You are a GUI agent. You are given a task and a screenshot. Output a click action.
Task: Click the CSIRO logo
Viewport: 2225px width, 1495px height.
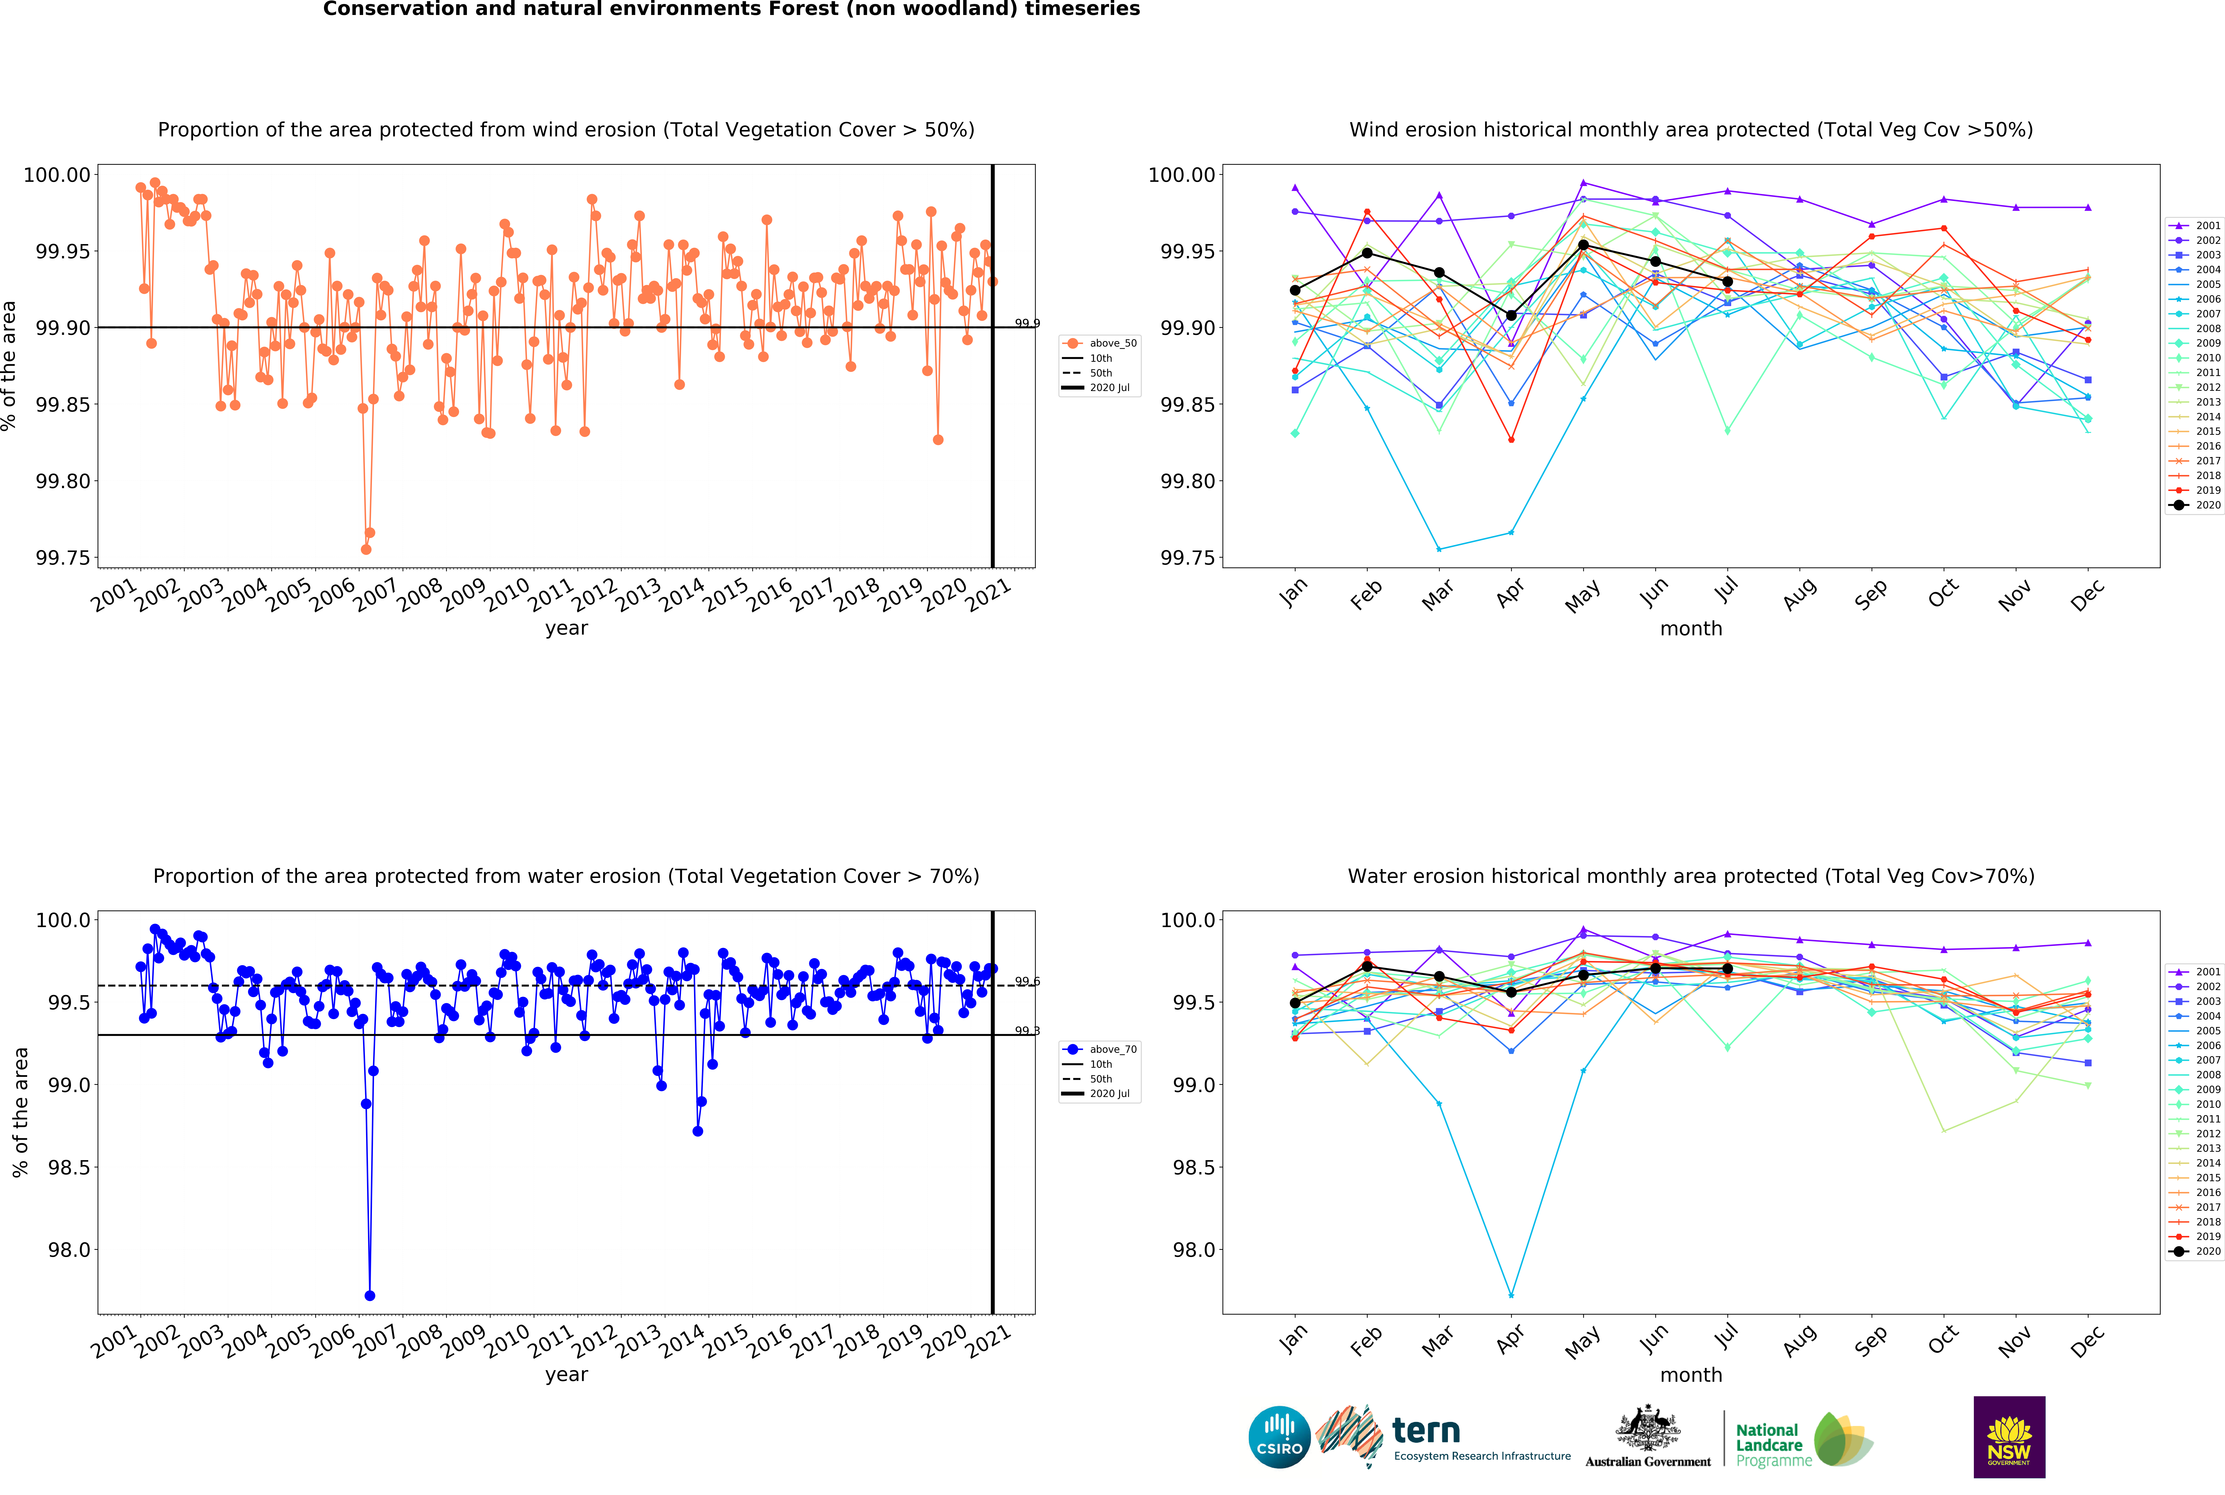click(1279, 1437)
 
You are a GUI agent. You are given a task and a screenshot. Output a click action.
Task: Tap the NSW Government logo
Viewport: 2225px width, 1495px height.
click(2008, 1437)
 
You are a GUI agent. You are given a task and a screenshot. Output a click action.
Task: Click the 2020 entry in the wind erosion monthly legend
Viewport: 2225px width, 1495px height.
click(2195, 505)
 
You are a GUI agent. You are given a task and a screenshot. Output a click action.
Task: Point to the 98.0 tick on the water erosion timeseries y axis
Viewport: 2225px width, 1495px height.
click(70, 1250)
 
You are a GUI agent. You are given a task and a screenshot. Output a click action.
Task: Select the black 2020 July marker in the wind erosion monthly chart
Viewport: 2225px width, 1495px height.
click(1727, 281)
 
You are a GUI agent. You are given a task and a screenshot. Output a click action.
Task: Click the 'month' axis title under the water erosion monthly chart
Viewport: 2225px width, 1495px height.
click(1691, 1375)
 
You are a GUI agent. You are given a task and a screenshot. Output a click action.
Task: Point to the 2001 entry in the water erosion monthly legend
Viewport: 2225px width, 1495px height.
click(2195, 972)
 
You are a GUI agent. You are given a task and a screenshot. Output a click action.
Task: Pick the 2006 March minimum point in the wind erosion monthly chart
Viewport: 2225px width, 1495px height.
click(1438, 549)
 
